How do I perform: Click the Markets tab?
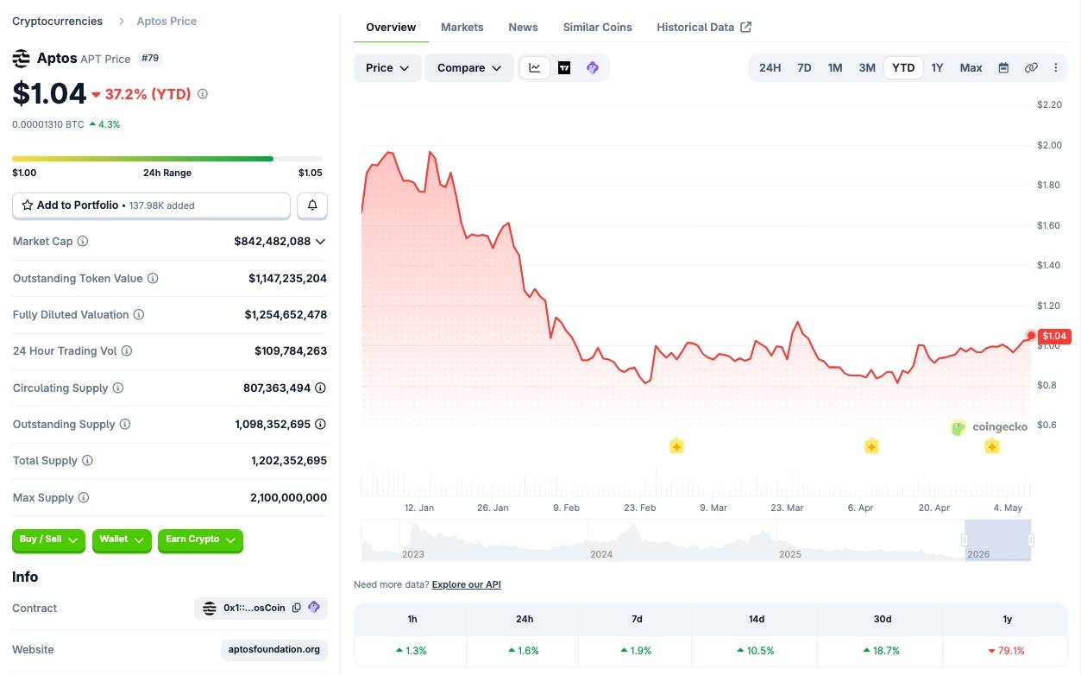point(462,27)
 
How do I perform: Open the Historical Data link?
point(704,27)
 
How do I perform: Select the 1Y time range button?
point(937,67)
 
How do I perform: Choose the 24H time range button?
point(770,67)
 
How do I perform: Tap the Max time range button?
point(971,67)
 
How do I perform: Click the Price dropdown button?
point(387,67)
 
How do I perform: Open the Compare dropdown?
point(468,67)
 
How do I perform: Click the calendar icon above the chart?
point(1003,67)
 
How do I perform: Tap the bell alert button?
point(312,205)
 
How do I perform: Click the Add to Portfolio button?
point(151,205)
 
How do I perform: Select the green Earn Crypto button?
point(200,539)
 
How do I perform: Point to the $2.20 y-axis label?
point(1049,104)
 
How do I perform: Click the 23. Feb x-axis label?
point(639,508)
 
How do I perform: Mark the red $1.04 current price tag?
point(1054,336)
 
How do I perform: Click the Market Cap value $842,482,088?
point(272,241)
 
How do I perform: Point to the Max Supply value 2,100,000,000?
point(288,497)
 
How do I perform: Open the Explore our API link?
point(466,584)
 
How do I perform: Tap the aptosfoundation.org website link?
point(274,649)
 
